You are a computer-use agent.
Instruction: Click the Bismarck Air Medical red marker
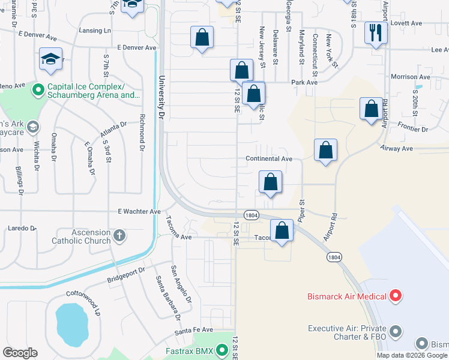click(395, 296)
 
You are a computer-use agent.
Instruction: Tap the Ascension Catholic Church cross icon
click(119, 235)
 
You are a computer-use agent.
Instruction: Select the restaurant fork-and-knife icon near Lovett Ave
click(376, 32)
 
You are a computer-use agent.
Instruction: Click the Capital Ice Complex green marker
click(38, 90)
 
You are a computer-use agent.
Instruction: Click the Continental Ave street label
click(268, 159)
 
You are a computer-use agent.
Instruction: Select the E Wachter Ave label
click(139, 211)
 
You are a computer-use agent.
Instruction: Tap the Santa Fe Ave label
click(194, 330)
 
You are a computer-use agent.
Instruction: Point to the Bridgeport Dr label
click(127, 275)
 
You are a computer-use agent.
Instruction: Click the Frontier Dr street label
click(412, 129)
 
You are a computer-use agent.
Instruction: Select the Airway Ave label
click(396, 148)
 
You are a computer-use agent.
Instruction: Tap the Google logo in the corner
click(20, 353)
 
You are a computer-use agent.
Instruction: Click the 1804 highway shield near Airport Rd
click(334, 257)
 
